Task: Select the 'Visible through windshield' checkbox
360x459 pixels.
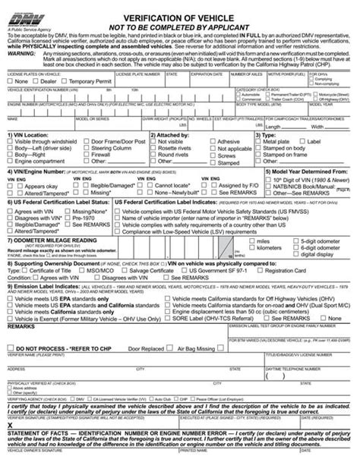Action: [10, 162]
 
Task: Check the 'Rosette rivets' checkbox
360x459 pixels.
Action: [153, 168]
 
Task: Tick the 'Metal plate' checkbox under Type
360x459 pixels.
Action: [261, 162]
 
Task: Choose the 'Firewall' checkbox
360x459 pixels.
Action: [87, 175]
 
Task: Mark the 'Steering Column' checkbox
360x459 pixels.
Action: [87, 182]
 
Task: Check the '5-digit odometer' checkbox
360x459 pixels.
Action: [295, 261]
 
